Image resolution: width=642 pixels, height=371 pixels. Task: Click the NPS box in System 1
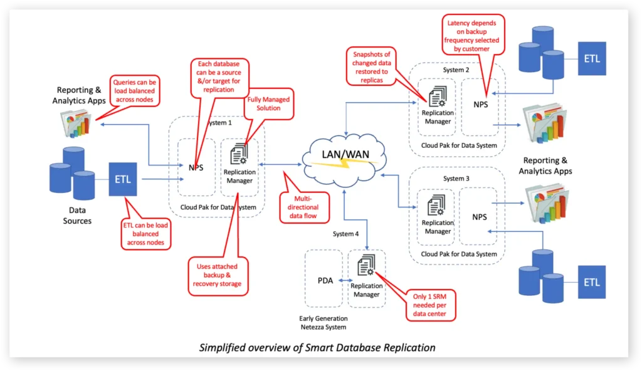pyautogui.click(x=196, y=168)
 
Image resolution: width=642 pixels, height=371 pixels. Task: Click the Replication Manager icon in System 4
pyautogui.click(x=367, y=268)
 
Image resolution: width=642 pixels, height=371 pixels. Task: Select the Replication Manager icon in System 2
pyautogui.click(x=438, y=97)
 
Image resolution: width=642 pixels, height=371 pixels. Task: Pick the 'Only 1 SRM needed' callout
pyautogui.click(x=431, y=305)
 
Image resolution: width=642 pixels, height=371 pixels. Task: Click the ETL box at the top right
pyautogui.click(x=592, y=59)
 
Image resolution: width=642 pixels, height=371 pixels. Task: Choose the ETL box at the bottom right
pyautogui.click(x=592, y=282)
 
